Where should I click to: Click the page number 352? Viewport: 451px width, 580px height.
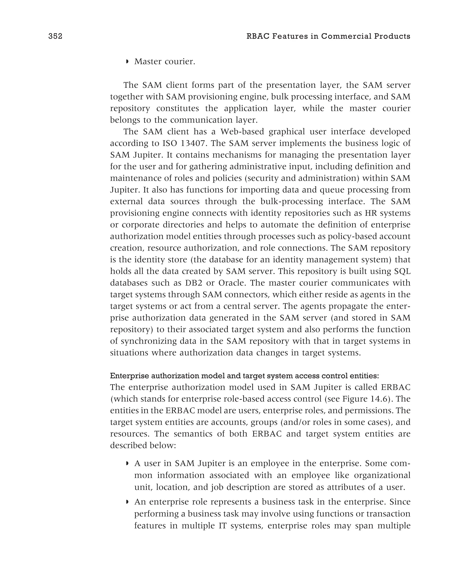(55, 36)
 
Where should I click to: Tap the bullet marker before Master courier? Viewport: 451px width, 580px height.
(127, 62)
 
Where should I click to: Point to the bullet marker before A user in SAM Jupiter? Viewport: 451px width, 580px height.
(127, 464)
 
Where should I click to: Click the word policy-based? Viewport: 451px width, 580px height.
(345, 236)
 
